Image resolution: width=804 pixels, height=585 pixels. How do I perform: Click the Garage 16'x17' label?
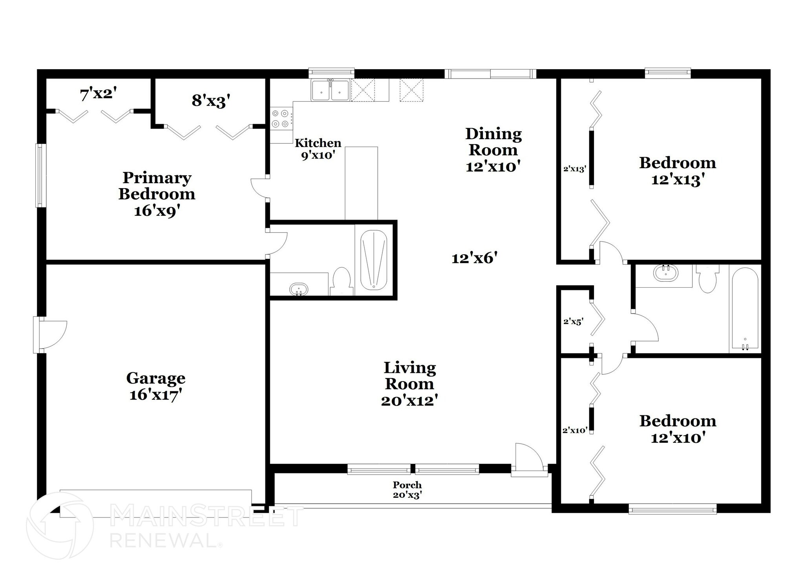click(x=156, y=386)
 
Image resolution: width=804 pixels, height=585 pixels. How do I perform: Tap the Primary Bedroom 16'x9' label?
click(x=157, y=194)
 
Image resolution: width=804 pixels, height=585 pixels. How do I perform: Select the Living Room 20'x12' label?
click(x=409, y=384)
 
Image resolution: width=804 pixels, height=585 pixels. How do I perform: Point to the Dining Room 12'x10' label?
click(x=493, y=150)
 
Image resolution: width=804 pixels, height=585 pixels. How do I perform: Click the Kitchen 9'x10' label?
click(x=318, y=149)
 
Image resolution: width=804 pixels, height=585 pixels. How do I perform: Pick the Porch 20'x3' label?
click(x=407, y=490)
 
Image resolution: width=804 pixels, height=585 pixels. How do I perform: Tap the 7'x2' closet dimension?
click(x=99, y=94)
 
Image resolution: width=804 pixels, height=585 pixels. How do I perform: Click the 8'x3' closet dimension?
click(x=210, y=101)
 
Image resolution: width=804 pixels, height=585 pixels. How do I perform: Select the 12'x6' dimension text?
click(x=475, y=258)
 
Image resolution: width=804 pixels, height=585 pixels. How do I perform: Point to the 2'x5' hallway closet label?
click(x=573, y=321)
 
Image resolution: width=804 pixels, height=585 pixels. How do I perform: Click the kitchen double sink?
click(x=331, y=90)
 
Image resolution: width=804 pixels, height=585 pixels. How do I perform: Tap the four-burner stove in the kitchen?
click(x=281, y=119)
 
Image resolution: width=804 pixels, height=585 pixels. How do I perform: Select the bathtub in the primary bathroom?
click(x=374, y=260)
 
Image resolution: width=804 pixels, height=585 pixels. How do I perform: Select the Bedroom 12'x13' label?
click(x=678, y=171)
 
